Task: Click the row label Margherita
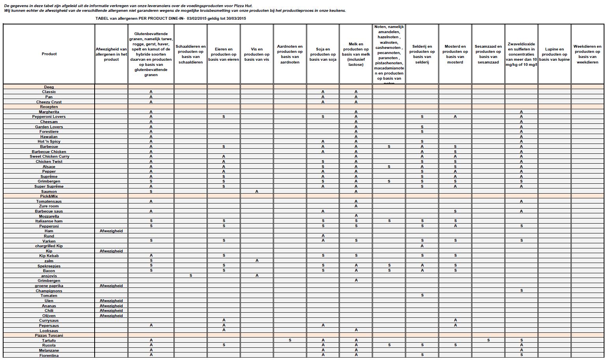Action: [49, 112]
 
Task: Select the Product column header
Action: [49, 54]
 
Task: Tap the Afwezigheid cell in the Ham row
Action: [111, 231]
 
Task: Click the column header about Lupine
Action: [554, 54]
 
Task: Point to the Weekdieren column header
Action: [587, 54]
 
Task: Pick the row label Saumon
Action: [49, 192]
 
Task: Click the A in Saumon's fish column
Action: [257, 192]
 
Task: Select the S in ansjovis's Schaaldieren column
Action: [190, 276]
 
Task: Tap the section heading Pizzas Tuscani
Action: [49, 336]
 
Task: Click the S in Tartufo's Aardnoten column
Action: [290, 340]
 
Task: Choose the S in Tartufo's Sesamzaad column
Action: [488, 340]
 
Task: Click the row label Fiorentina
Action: [49, 356]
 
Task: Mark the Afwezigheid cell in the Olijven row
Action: [111, 316]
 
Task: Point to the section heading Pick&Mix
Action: [49, 196]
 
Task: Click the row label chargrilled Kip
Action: [49, 246]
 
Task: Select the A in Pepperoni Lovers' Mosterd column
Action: [455, 117]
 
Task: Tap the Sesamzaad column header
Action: [488, 54]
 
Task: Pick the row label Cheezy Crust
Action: [49, 102]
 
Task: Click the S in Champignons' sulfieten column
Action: [521, 291]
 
